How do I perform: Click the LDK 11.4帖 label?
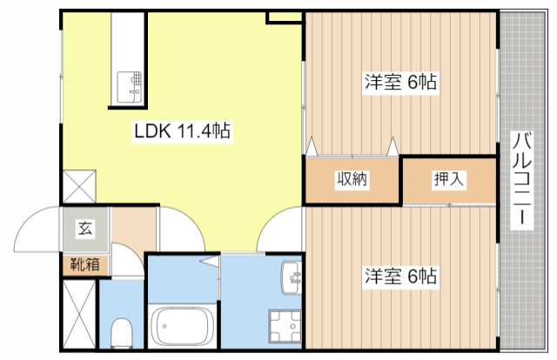pyautogui.click(x=181, y=132)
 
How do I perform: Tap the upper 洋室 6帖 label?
pyautogui.click(x=399, y=83)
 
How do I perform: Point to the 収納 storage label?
pyautogui.click(x=352, y=180)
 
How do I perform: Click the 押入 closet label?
pyautogui.click(x=449, y=180)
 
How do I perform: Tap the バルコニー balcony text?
pyautogui.click(x=522, y=180)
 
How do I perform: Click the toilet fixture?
pyautogui.click(x=122, y=331)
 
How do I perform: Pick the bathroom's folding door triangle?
pyautogui.click(x=210, y=260)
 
